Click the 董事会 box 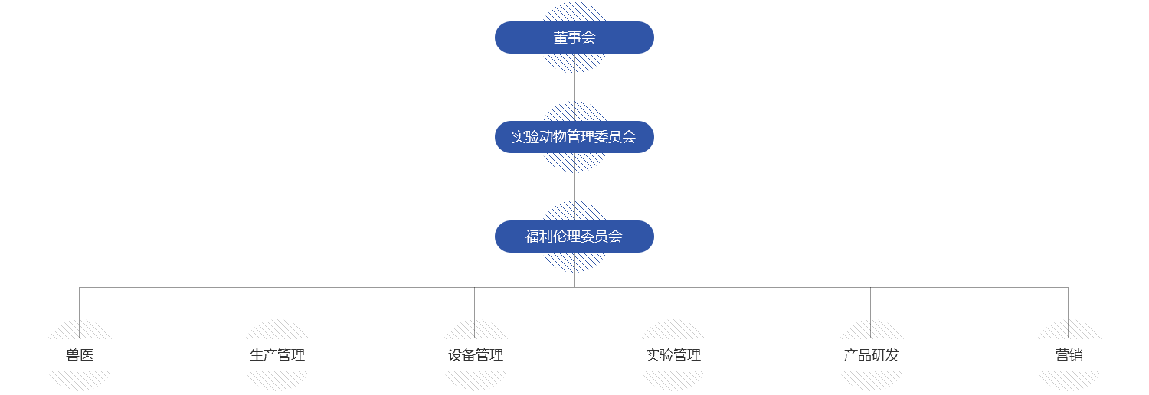click(574, 38)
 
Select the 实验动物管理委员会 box click(574, 137)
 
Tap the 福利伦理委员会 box click(574, 237)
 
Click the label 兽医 click(80, 355)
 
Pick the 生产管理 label click(277, 355)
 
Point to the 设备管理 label click(475, 355)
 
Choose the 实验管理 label click(673, 355)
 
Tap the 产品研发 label click(871, 355)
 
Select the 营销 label click(1069, 355)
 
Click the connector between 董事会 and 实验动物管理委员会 click(574, 87)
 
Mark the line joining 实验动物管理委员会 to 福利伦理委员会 click(574, 187)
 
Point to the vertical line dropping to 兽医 click(79, 303)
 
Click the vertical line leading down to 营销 click(1068, 303)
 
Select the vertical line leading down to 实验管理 click(673, 303)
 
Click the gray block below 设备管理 click(472, 381)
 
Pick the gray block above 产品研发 click(889, 328)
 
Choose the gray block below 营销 click(1072, 381)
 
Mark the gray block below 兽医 click(80, 381)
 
